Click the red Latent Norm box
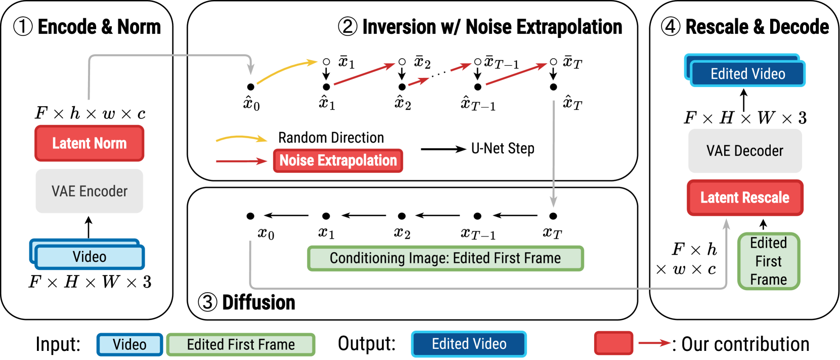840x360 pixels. [x=90, y=143]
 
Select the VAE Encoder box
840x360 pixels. [x=90, y=191]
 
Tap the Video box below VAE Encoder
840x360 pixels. [x=90, y=257]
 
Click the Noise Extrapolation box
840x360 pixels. [x=338, y=161]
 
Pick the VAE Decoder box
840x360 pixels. [x=744, y=151]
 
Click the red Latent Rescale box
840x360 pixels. [x=744, y=198]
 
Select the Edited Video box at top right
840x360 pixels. [x=747, y=74]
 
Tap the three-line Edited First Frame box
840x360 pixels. [x=768, y=261]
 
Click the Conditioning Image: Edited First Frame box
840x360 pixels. [x=445, y=258]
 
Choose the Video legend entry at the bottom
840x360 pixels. [x=129, y=344]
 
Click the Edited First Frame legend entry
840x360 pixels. [x=241, y=344]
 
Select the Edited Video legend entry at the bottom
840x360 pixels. [x=469, y=344]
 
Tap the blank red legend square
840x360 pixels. [x=613, y=343]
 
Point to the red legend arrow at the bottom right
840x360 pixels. [x=654, y=343]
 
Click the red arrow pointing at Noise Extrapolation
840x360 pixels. [x=241, y=161]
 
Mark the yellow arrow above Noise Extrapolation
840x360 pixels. [x=241, y=138]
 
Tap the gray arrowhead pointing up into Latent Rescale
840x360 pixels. [x=726, y=224]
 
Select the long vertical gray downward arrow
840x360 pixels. [x=553, y=152]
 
